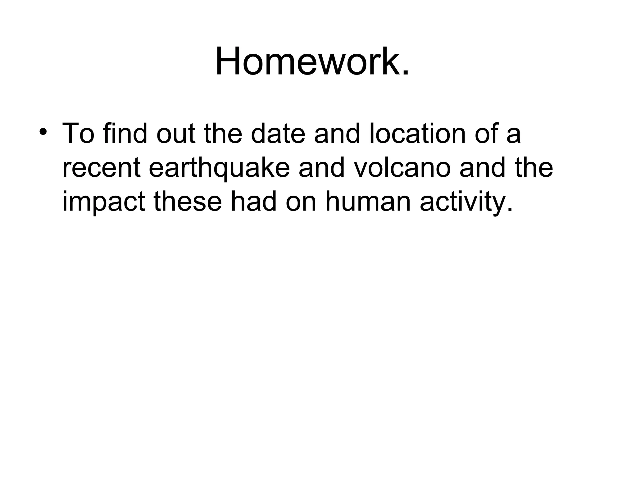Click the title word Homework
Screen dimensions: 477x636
click(307, 61)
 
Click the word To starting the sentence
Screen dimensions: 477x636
click(78, 134)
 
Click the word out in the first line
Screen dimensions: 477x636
click(176, 134)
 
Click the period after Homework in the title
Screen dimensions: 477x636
click(405, 73)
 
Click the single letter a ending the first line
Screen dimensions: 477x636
click(513, 137)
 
